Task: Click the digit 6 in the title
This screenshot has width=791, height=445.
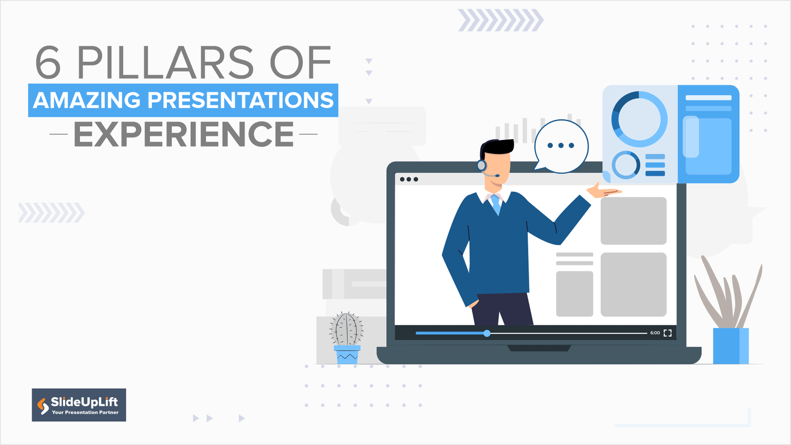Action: (48, 63)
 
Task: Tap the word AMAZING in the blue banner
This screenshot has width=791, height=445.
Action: (87, 100)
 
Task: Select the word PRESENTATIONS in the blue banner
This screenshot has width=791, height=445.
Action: (240, 100)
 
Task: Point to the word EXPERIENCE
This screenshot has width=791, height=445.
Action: (184, 134)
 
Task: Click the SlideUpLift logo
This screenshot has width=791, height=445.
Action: (79, 405)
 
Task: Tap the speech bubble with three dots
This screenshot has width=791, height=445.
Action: (561, 146)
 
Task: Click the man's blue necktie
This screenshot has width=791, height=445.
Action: (496, 203)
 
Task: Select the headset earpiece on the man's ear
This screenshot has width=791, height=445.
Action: (481, 166)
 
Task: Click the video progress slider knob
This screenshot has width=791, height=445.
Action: (487, 333)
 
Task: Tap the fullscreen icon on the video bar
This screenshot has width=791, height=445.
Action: (668, 333)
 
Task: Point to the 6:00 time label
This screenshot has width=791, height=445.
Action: (655, 333)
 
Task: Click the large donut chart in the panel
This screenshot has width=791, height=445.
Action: (639, 119)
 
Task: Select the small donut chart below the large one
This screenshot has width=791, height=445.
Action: (626, 165)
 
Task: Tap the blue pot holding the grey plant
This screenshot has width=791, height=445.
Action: (730, 346)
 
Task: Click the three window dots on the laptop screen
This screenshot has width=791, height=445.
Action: (409, 179)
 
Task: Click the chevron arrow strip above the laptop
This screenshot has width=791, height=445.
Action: (500, 20)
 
